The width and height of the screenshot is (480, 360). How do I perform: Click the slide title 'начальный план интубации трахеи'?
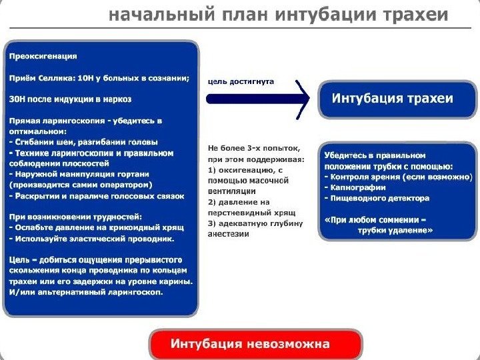(x=279, y=15)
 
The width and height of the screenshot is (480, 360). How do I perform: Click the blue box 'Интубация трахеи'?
(x=393, y=99)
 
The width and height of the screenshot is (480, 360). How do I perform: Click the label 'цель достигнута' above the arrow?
(x=241, y=81)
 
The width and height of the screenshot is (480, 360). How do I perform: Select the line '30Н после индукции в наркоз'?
(x=70, y=99)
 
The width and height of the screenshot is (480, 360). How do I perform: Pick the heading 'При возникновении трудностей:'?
(x=75, y=216)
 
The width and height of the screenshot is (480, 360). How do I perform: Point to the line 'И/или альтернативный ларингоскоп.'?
(x=86, y=291)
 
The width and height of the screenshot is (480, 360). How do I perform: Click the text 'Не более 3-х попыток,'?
(x=254, y=148)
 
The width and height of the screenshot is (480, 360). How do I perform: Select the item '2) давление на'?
(x=239, y=201)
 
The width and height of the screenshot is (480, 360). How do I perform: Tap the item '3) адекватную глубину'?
(x=255, y=223)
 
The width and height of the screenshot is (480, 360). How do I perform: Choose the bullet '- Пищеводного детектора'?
(x=377, y=198)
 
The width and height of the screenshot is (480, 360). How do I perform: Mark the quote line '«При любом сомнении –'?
(x=375, y=219)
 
